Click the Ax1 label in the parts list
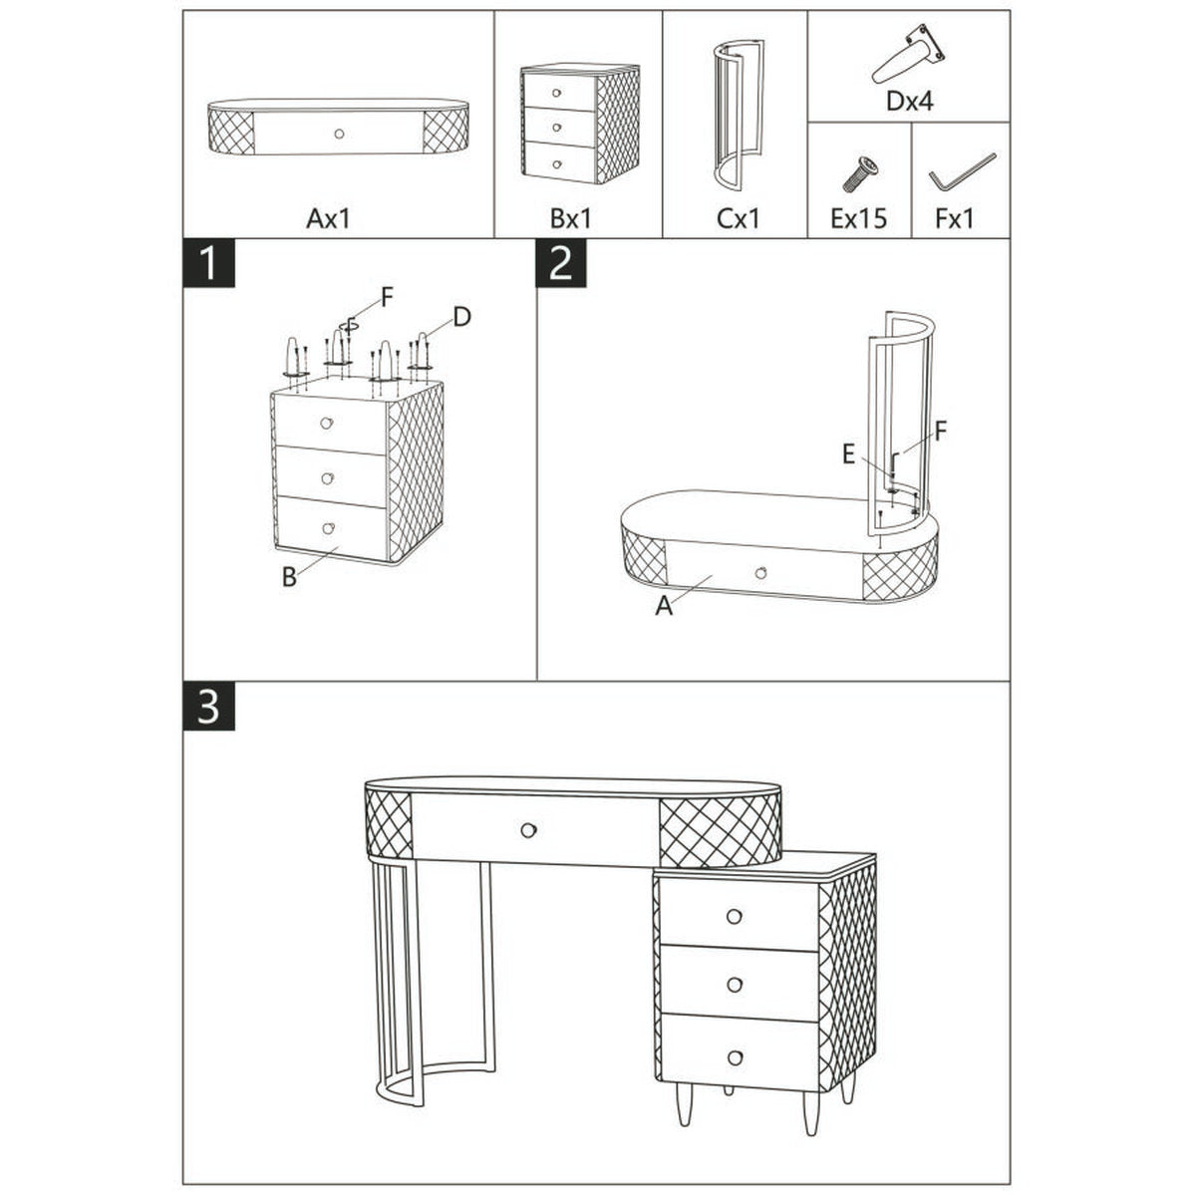[x=329, y=218]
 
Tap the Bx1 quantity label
[x=569, y=218]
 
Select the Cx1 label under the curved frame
[x=738, y=218]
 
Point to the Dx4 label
[x=909, y=101]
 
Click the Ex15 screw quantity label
[x=858, y=218]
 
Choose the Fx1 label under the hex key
[x=955, y=218]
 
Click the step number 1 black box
[x=208, y=263]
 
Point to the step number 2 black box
[x=562, y=263]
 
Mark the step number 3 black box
[x=208, y=707]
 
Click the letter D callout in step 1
[x=460, y=317]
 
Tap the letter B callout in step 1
[x=288, y=576]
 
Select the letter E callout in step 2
[x=848, y=454]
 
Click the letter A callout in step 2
[x=664, y=605]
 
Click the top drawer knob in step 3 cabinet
[x=735, y=916]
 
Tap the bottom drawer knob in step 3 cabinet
[x=735, y=1056]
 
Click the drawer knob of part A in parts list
[x=339, y=134]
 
